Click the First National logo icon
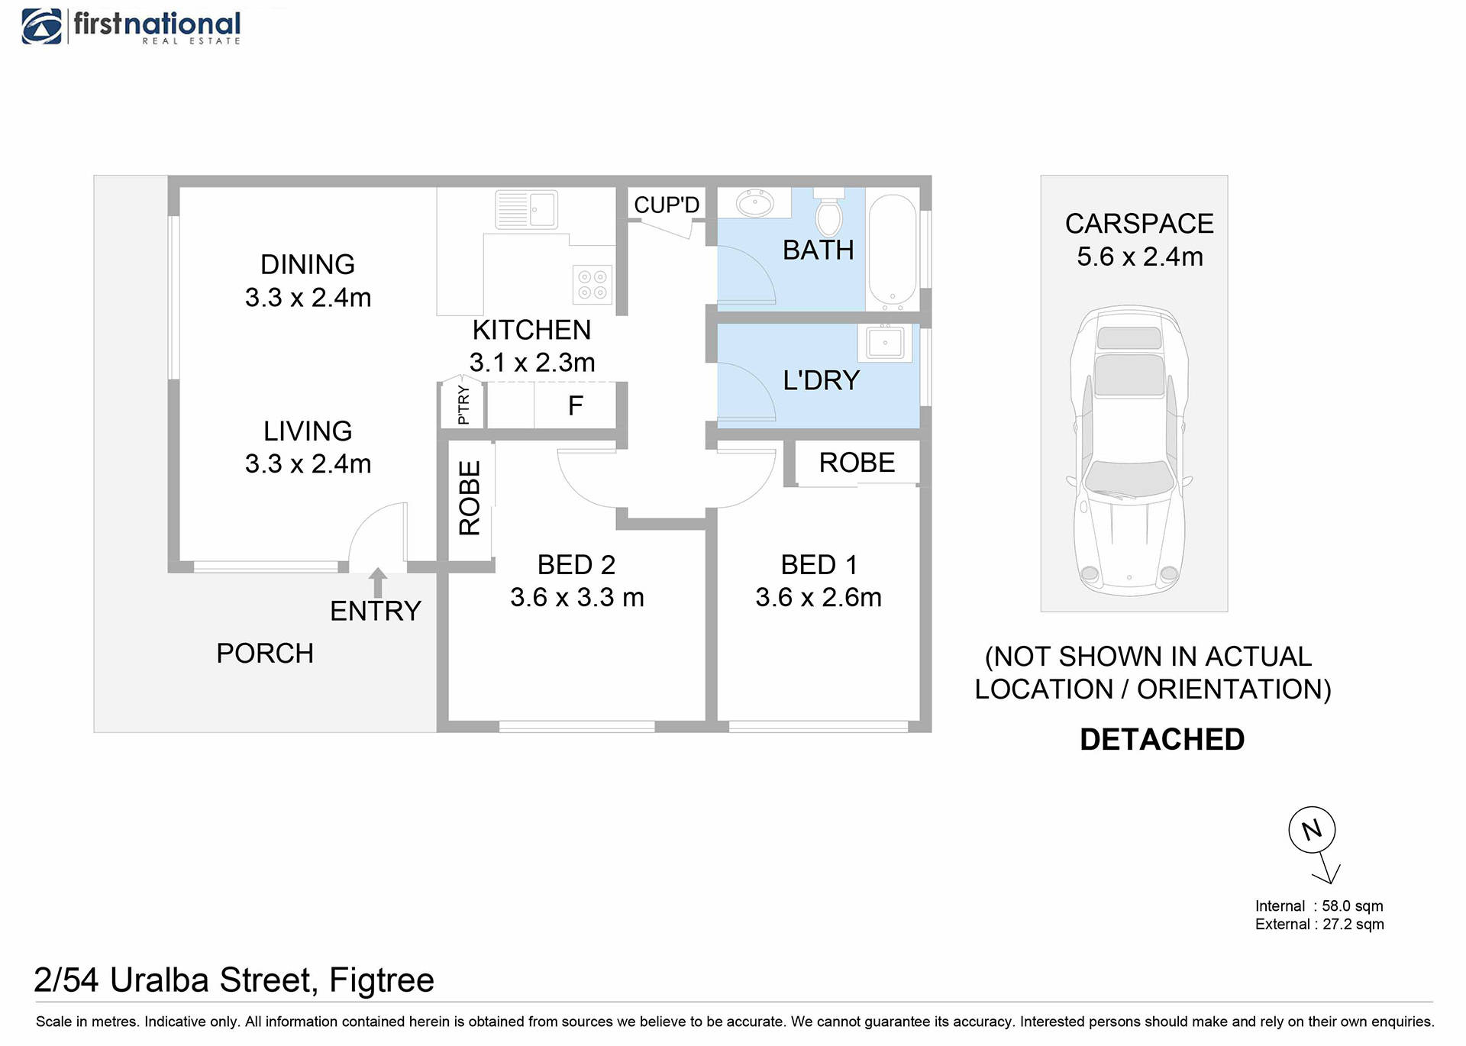pyautogui.click(x=42, y=27)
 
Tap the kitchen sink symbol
pyautogui.click(x=526, y=209)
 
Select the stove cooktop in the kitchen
pyautogui.click(x=593, y=285)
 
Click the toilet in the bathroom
pyautogui.click(x=828, y=213)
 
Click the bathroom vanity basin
pyautogui.click(x=754, y=203)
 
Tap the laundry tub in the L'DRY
pyautogui.click(x=884, y=343)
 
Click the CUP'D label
pyautogui.click(x=667, y=205)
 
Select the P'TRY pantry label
pyautogui.click(x=463, y=405)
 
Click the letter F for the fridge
pyautogui.click(x=576, y=406)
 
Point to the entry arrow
pyautogui.click(x=377, y=583)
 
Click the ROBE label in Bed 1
pyautogui.click(x=857, y=463)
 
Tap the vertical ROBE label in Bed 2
pyautogui.click(x=470, y=498)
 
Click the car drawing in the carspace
pyautogui.click(x=1129, y=450)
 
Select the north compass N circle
pyautogui.click(x=1311, y=830)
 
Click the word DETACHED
pyautogui.click(x=1161, y=740)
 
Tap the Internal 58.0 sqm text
pyautogui.click(x=1319, y=906)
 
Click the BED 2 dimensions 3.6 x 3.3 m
pyautogui.click(x=577, y=597)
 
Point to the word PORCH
pyautogui.click(x=265, y=654)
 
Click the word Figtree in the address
pyautogui.click(x=381, y=980)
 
